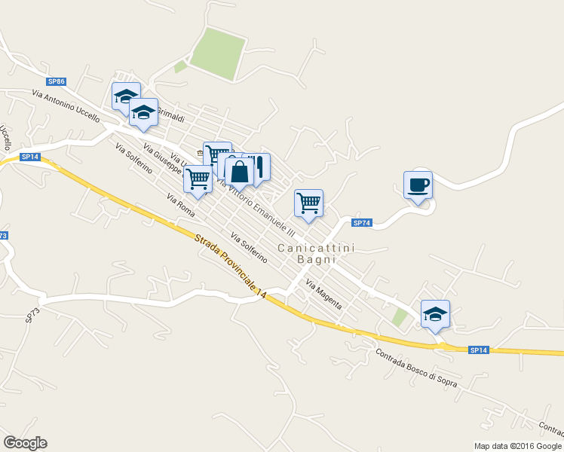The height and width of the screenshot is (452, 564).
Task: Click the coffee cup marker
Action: [418, 185]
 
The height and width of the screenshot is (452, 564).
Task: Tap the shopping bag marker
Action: [239, 172]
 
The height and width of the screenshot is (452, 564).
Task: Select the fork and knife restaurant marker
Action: [258, 168]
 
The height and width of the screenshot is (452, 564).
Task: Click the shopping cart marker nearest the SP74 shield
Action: [308, 203]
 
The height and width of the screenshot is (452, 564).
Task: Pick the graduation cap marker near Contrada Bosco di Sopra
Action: [435, 313]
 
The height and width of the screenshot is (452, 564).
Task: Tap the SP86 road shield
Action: [56, 81]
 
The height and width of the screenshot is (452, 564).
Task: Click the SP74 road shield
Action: [362, 222]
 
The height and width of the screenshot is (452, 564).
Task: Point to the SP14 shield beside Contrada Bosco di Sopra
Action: [479, 350]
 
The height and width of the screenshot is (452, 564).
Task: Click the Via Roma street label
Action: [181, 206]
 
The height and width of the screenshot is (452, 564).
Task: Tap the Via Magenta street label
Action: [323, 295]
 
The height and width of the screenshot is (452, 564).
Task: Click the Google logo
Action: [25, 443]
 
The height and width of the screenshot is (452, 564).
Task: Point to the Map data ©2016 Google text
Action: [517, 445]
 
